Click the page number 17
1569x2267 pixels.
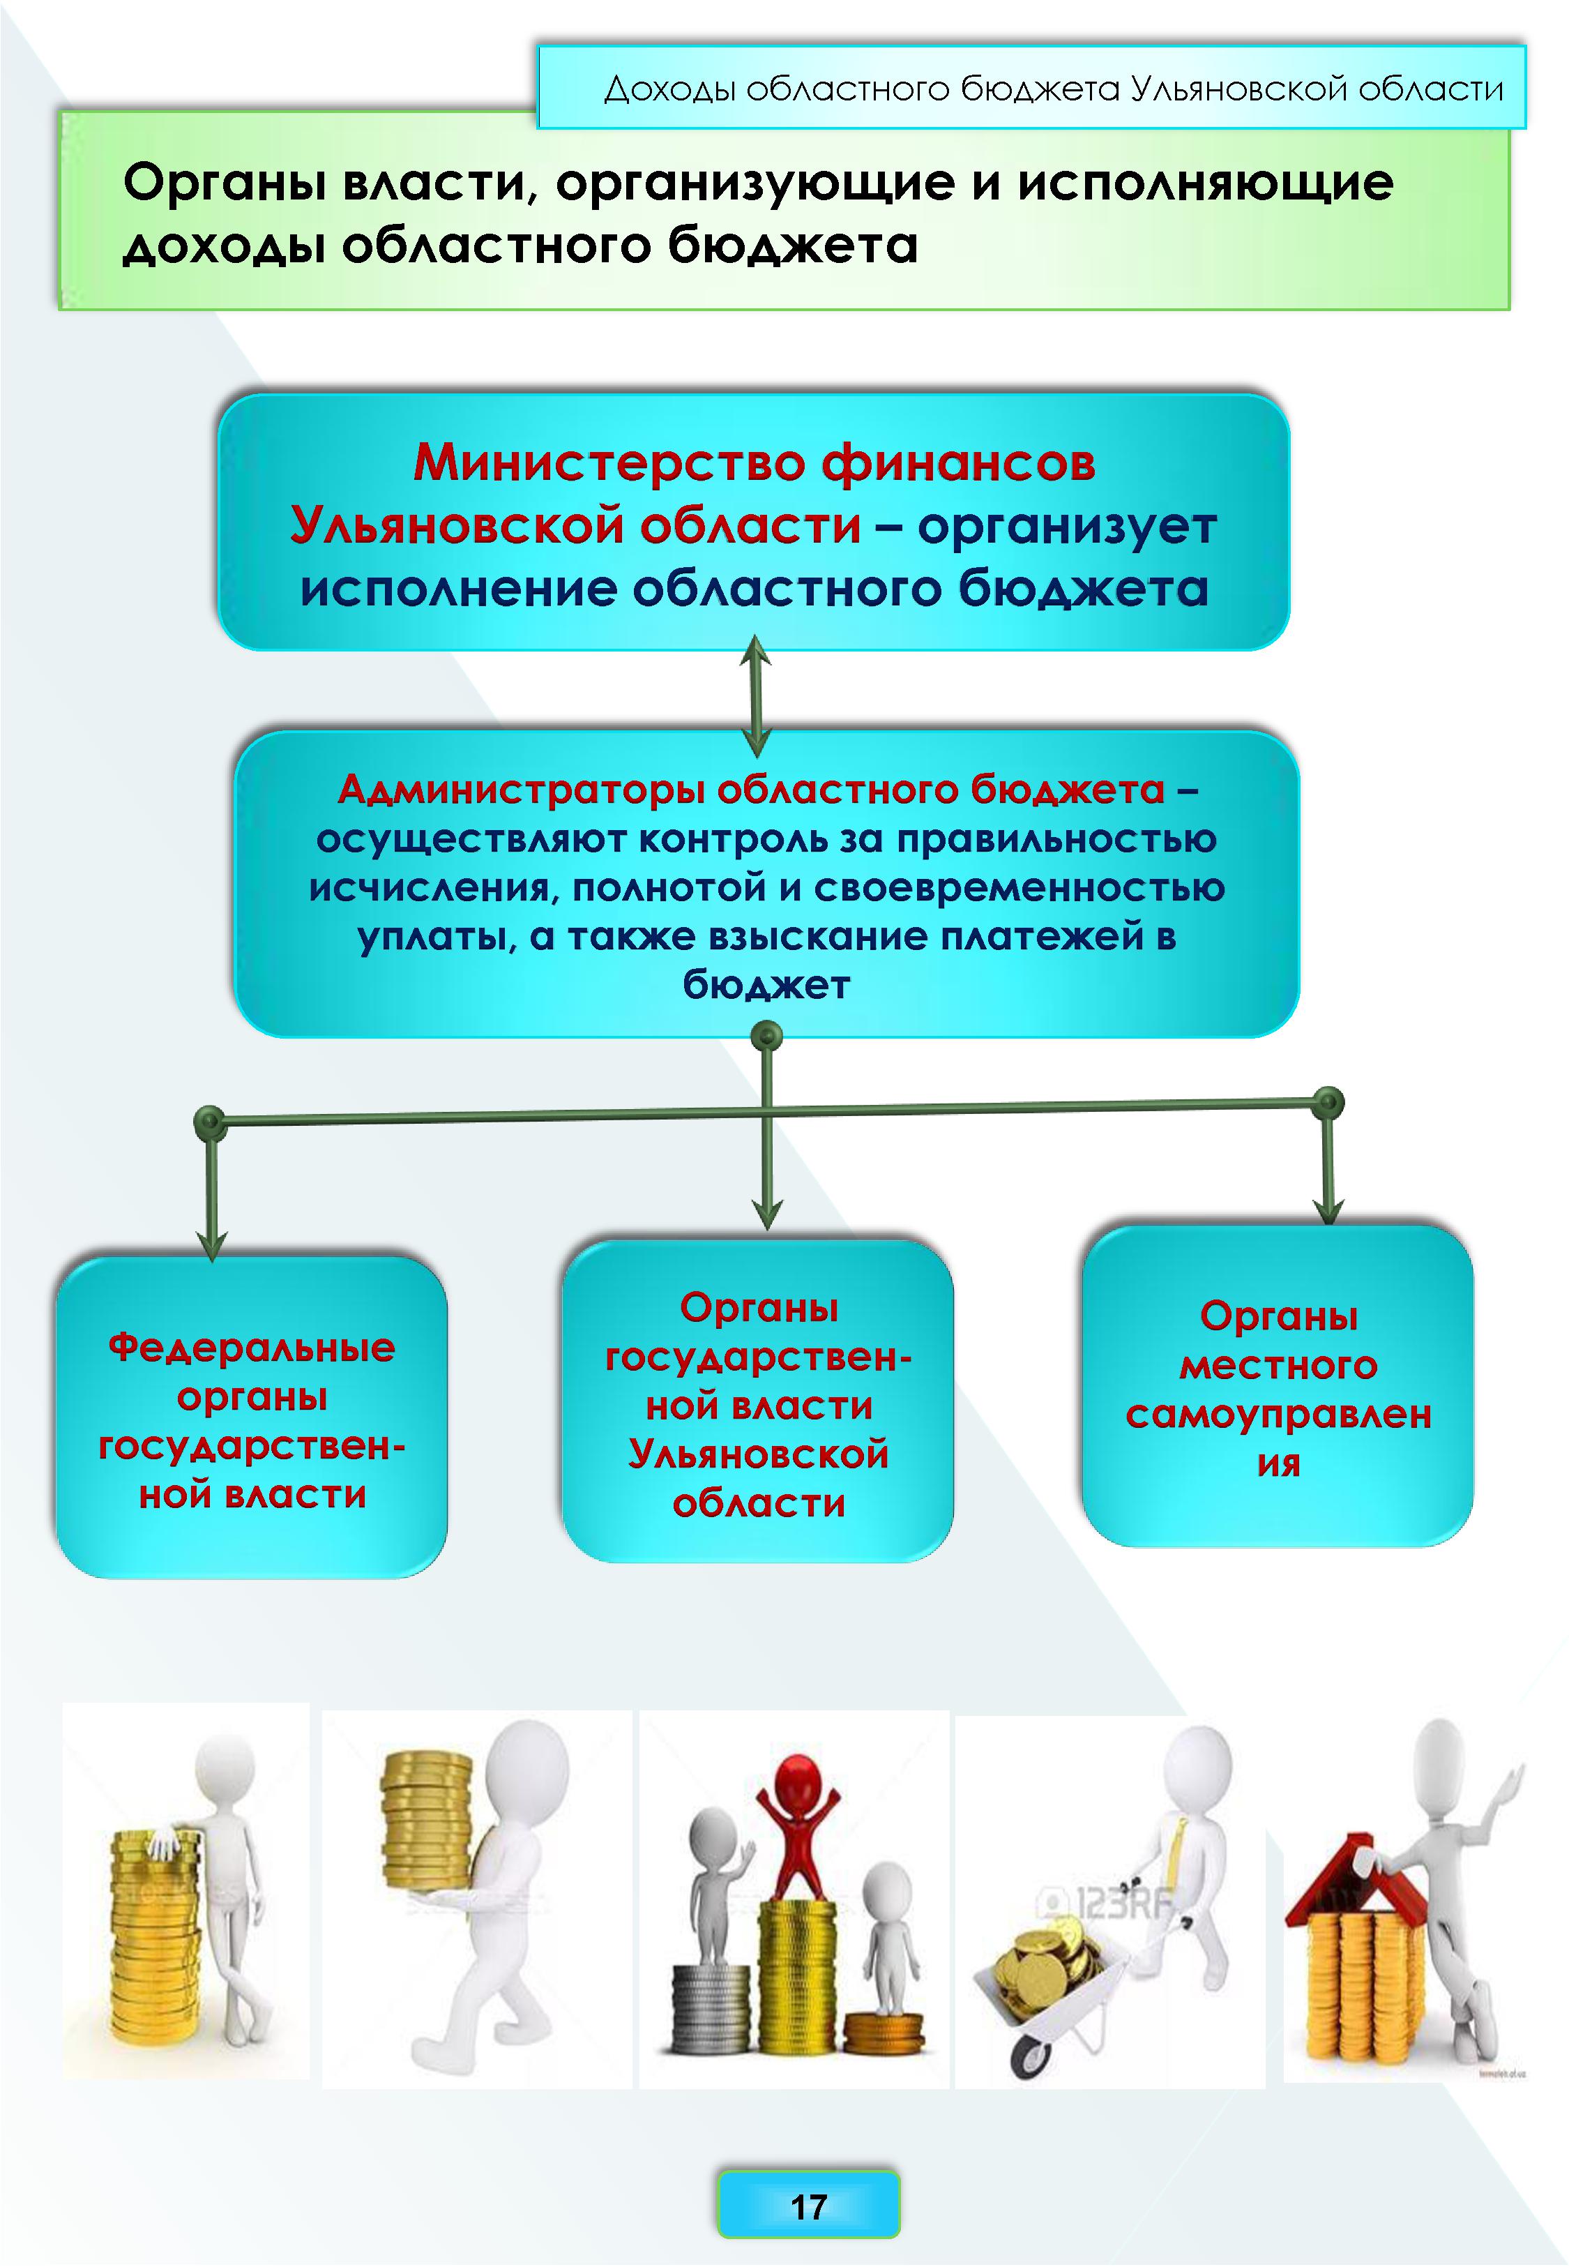point(808,2207)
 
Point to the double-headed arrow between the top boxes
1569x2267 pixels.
point(755,694)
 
